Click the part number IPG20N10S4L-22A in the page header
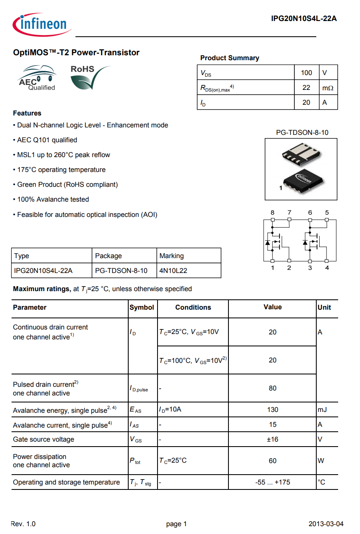click(x=304, y=18)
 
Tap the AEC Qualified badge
click(x=37, y=78)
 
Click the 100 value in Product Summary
click(x=306, y=73)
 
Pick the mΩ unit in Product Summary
click(x=327, y=88)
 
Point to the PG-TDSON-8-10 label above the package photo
click(x=302, y=132)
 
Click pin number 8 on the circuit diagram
click(x=272, y=213)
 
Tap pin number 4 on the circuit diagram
click(x=327, y=268)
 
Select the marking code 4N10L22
click(x=173, y=271)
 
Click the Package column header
click(x=108, y=256)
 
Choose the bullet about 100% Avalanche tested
click(x=53, y=199)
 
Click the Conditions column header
click(x=193, y=307)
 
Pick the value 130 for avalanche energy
click(x=273, y=409)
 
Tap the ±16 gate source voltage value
click(x=273, y=439)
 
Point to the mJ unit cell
click(x=322, y=409)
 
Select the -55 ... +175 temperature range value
click(x=273, y=482)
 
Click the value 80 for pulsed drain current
click(x=273, y=388)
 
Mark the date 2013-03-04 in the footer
click(x=326, y=524)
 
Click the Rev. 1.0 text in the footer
click(x=23, y=524)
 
